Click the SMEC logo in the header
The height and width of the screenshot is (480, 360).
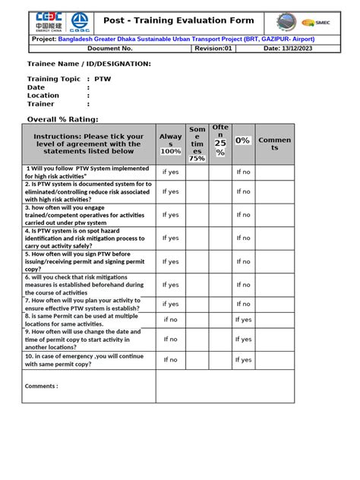329,23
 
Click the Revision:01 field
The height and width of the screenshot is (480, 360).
213,49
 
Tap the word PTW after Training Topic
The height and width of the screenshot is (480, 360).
102,78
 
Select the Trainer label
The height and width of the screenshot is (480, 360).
41,104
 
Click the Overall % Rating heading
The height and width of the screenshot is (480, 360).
63,119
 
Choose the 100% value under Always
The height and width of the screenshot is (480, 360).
171,151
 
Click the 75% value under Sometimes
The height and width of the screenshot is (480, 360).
197,159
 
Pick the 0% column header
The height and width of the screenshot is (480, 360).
243,141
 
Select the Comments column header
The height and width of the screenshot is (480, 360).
275,144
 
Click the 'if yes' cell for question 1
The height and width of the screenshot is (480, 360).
171,172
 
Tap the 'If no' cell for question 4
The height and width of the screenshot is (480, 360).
243,238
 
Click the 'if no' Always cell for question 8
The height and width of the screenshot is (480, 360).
171,320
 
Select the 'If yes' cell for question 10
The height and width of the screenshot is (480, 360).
243,359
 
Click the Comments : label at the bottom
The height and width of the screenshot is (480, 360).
41,386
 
